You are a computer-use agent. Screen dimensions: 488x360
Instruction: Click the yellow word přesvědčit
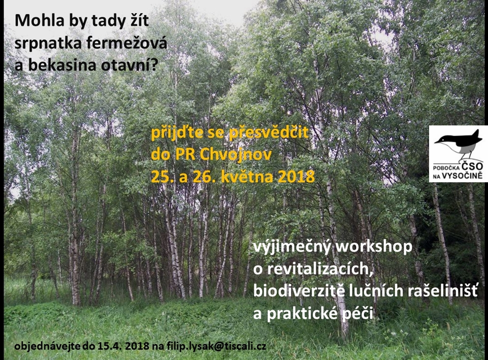[269, 133]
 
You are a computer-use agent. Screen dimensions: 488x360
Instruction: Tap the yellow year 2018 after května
[296, 176]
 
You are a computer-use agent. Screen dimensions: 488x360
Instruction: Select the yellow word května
[247, 176]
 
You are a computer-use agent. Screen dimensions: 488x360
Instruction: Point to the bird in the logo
[458, 144]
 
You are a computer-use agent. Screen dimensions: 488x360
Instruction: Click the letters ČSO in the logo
[472, 167]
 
